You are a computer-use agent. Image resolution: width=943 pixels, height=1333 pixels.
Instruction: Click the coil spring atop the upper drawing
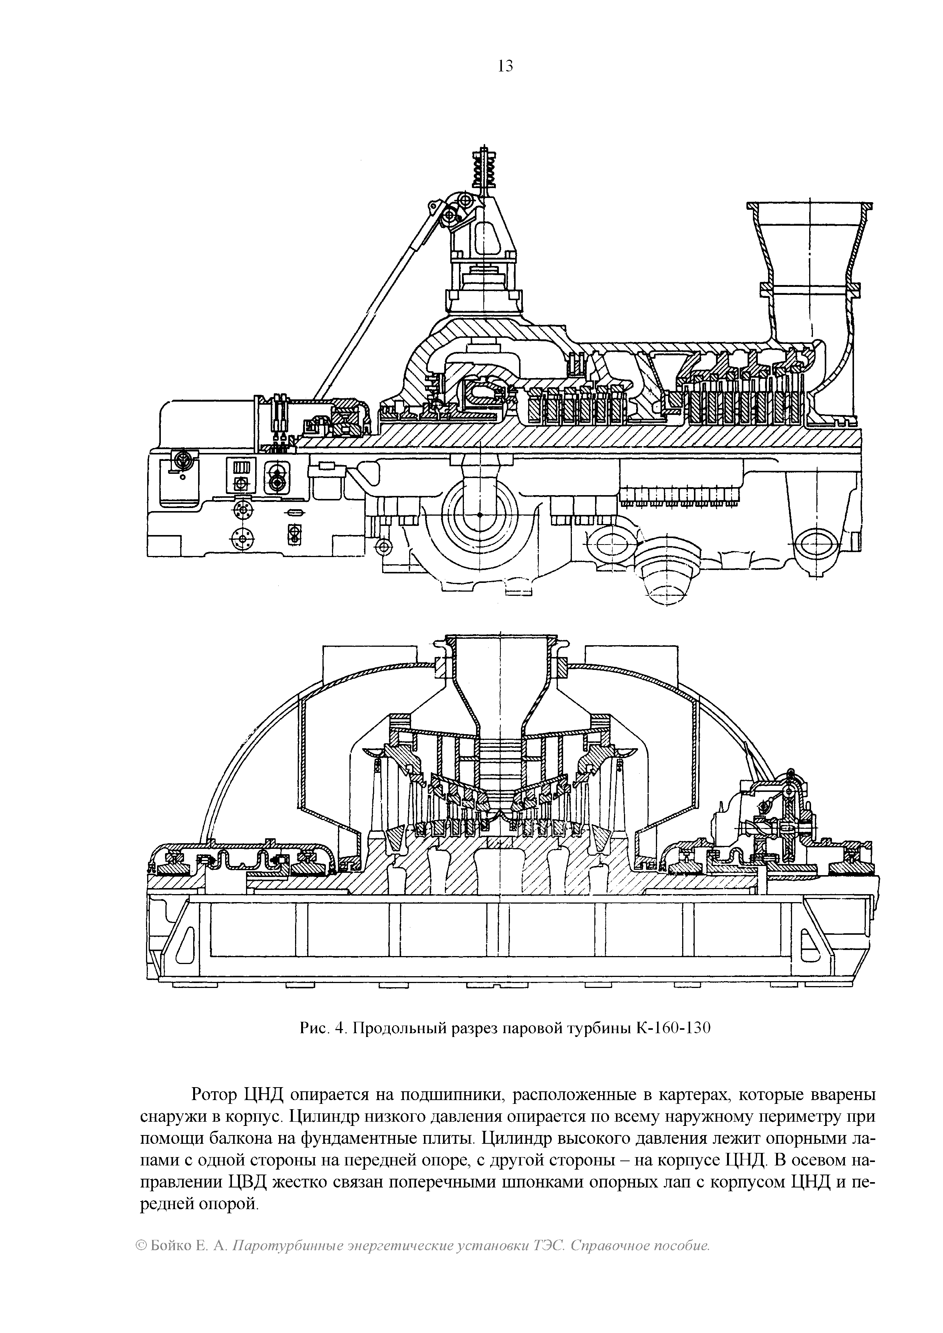pos(484,168)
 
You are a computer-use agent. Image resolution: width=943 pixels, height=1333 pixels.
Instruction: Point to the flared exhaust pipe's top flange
pos(810,206)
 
